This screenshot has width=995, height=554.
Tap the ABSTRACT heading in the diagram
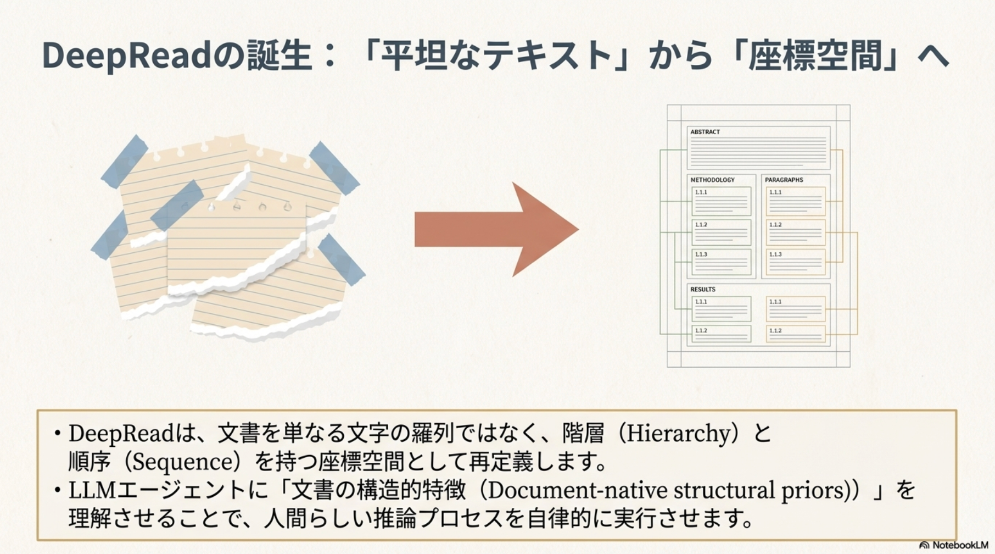point(705,132)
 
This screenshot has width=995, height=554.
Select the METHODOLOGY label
point(712,180)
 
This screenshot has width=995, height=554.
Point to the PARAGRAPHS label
point(784,180)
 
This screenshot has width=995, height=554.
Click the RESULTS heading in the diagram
point(703,289)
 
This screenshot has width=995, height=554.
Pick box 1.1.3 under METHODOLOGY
point(721,262)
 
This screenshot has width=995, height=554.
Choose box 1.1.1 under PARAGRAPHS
point(796,201)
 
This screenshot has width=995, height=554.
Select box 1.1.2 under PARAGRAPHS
point(796,232)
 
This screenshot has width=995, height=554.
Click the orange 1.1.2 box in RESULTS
point(796,334)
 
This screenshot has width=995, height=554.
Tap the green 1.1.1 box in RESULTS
point(721,309)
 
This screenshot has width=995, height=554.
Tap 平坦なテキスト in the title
point(496,56)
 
